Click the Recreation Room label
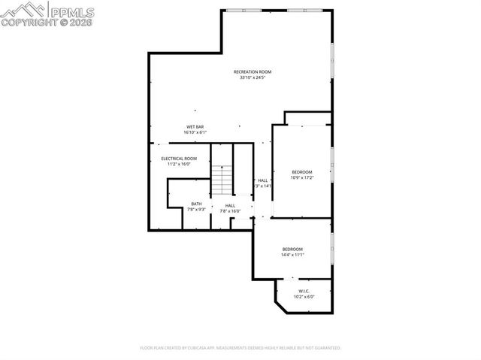coord(252,72)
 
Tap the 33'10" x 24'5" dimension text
coord(252,77)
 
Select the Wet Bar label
coord(195,127)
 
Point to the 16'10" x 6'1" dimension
coord(195,132)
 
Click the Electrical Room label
coord(179,159)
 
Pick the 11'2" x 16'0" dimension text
coord(179,164)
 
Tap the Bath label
coord(196,204)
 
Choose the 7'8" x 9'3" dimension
coord(196,209)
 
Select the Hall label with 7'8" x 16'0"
coord(230,205)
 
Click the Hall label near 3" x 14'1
coord(263,180)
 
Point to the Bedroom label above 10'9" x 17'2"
coord(301,172)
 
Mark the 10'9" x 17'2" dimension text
coord(301,177)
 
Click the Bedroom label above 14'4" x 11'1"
coord(292,249)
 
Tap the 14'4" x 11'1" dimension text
coord(292,254)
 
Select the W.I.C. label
coord(304,291)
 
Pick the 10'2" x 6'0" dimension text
coord(304,296)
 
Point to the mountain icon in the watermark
coord(24,10)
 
